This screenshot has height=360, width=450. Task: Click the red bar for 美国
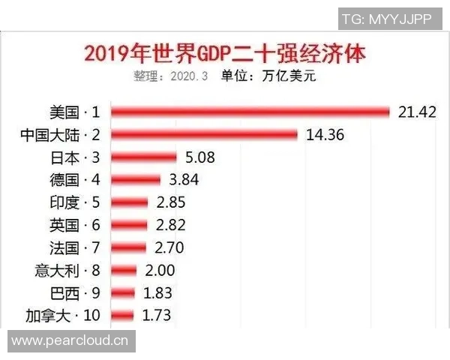tap(250, 112)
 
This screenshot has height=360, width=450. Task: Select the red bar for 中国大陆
tap(205, 134)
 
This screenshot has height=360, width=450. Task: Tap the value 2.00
tap(158, 270)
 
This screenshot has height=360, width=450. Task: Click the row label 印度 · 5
tap(73, 202)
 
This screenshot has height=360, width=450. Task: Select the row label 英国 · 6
tap(73, 225)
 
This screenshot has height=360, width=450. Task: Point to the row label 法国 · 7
tap(73, 247)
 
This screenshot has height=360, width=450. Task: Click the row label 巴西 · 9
tap(73, 293)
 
